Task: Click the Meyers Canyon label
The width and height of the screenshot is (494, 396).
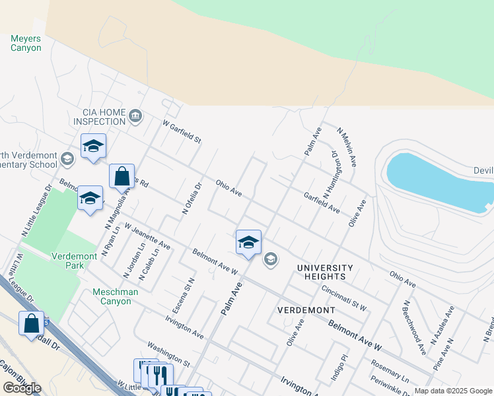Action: pos(26,43)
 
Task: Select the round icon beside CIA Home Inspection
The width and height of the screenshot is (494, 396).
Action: pos(136,117)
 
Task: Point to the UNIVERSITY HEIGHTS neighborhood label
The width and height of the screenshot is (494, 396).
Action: pos(325,272)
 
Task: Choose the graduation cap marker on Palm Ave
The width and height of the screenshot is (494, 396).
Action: pos(248,242)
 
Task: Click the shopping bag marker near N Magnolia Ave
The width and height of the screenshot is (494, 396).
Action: pos(122,176)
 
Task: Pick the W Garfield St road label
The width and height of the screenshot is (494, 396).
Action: pos(182,133)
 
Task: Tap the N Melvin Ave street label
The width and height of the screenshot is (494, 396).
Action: pos(348,147)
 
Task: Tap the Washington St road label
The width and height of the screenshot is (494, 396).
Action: pos(168,354)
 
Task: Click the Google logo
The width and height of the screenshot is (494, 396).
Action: pos(22,388)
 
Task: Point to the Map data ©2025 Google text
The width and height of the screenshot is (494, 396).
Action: pos(452,391)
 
